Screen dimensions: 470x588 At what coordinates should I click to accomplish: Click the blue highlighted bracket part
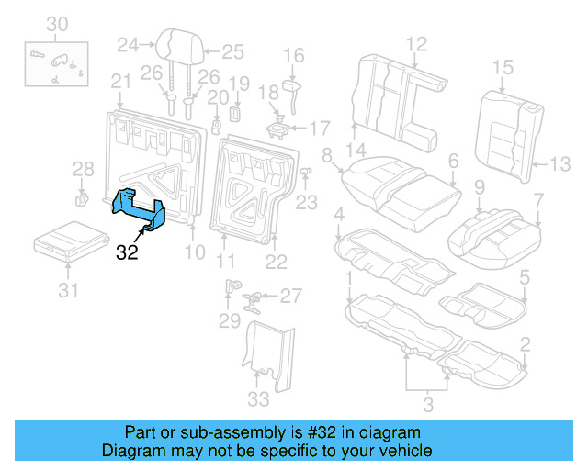coord(139,207)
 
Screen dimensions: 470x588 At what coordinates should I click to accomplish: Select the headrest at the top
coord(177,46)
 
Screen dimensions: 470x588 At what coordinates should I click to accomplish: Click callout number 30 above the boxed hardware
coord(57,23)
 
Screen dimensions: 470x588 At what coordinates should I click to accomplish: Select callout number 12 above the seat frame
coord(416,42)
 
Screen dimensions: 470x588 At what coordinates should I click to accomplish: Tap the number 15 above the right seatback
coord(502,66)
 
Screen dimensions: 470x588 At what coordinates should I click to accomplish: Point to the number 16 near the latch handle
coord(293,57)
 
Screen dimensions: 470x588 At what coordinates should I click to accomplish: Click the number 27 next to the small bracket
coord(290,296)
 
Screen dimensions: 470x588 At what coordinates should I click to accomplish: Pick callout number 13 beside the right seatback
coord(560,164)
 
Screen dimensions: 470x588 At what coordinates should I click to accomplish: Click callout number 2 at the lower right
coord(525,345)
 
